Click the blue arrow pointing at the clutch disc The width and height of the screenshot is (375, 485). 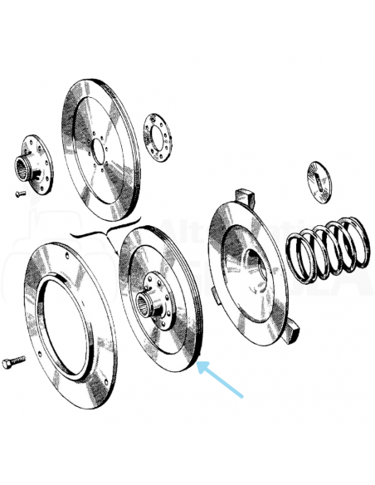(x=222, y=380)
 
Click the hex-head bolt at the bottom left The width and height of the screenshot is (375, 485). (x=14, y=363)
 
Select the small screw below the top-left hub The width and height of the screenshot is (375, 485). (x=20, y=194)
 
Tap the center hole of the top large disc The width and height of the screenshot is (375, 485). (x=99, y=153)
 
